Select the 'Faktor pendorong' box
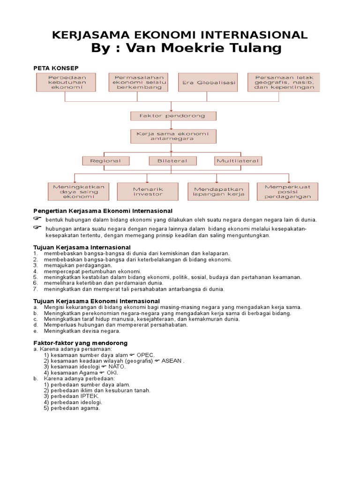click(x=173, y=116)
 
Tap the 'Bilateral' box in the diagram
click(x=172, y=161)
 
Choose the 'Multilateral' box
click(x=238, y=161)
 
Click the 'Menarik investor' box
click(x=148, y=191)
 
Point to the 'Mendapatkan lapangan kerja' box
click(x=219, y=191)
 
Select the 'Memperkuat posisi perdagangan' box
click(x=287, y=191)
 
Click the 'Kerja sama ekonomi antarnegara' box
click(x=173, y=136)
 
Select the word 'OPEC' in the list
click(x=145, y=355)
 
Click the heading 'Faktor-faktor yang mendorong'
click(x=81, y=343)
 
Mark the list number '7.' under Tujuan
click(x=36, y=289)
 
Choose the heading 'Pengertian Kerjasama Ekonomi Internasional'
click(x=103, y=211)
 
